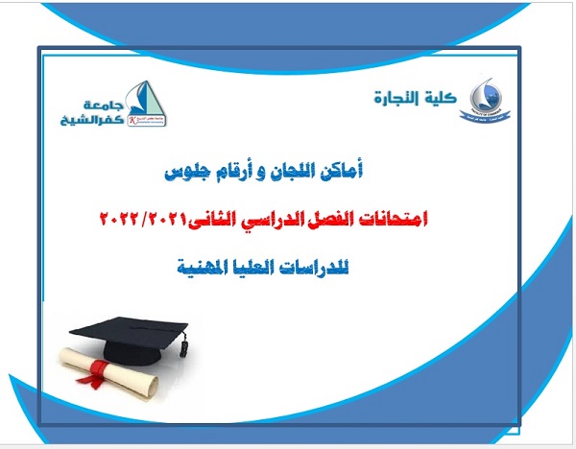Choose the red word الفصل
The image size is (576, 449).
point(332,220)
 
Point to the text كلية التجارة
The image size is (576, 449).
point(417,95)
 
